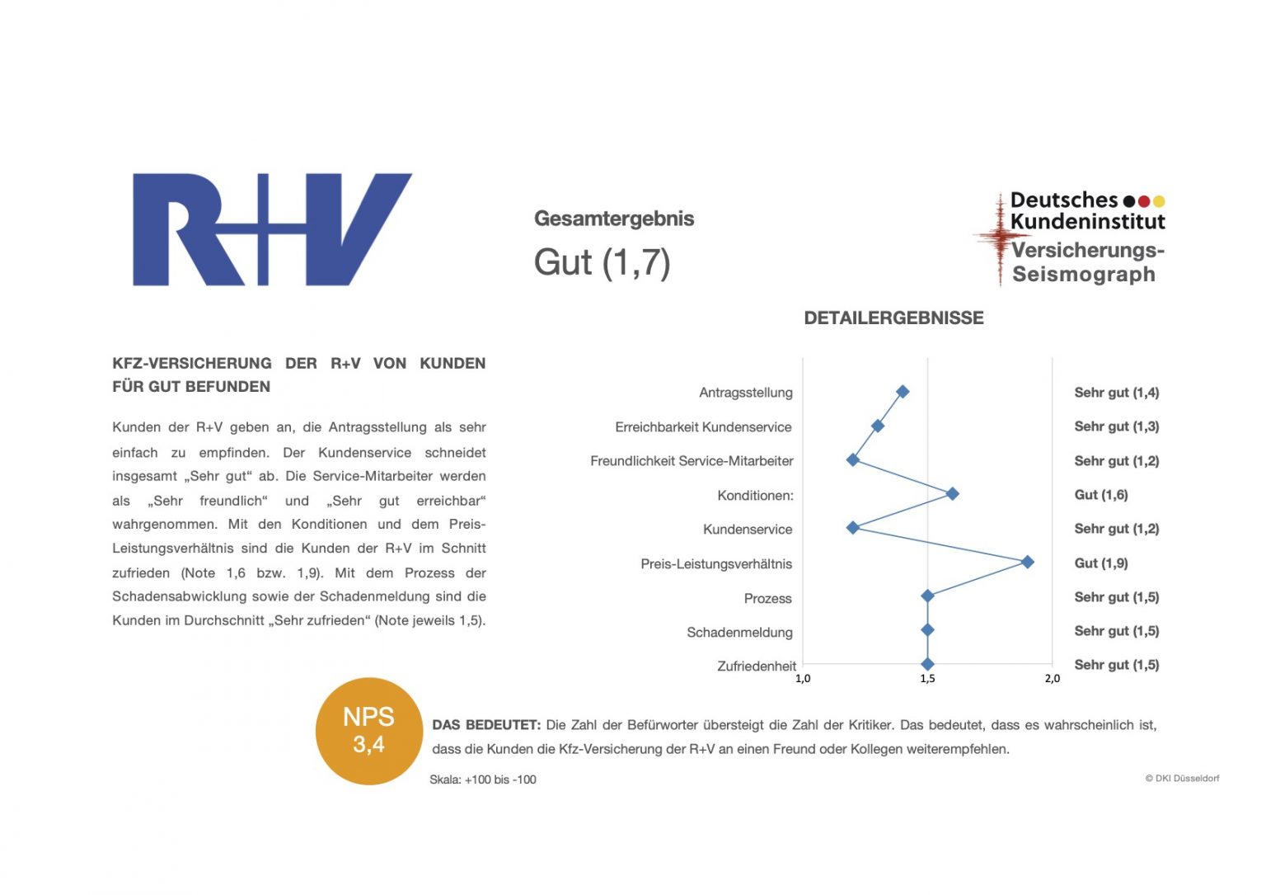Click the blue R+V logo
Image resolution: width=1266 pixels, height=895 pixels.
click(x=272, y=229)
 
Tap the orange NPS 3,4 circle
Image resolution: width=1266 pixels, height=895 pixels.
click(x=368, y=731)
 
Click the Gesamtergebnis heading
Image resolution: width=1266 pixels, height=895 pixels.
click(x=614, y=219)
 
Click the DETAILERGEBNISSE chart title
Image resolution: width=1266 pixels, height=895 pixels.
click(x=893, y=318)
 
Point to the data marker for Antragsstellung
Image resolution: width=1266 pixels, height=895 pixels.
click(x=903, y=392)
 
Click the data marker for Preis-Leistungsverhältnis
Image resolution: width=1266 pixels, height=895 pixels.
click(x=1027, y=562)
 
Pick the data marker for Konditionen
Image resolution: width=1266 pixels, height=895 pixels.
click(x=952, y=494)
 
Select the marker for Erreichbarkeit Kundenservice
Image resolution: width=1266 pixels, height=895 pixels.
click(x=878, y=426)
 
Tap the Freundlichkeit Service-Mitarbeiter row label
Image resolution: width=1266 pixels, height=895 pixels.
click(x=692, y=461)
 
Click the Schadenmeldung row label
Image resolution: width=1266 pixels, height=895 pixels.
click(x=739, y=633)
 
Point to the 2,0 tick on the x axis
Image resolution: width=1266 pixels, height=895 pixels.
click(x=1053, y=679)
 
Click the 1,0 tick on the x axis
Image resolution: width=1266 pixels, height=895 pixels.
click(x=803, y=679)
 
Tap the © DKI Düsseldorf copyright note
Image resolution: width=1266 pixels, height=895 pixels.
click(x=1182, y=779)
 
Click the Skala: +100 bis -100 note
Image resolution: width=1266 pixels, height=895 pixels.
click(x=483, y=780)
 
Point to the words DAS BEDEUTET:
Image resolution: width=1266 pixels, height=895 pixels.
click(x=486, y=725)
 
